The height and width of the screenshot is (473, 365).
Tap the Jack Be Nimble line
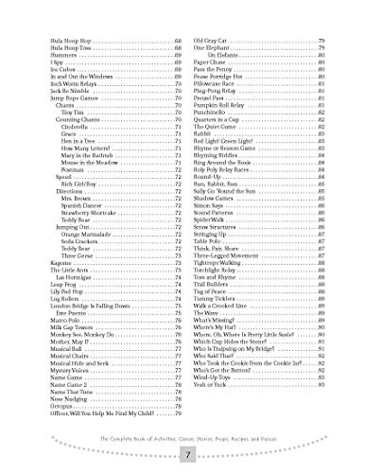pyautogui.click(x=61, y=98)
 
